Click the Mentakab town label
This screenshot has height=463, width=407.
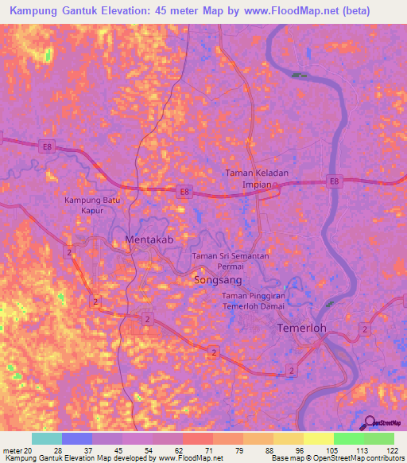click(148, 239)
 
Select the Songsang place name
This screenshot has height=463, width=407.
click(218, 281)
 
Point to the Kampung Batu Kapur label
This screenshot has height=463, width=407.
click(93, 206)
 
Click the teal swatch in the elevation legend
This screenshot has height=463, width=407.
click(47, 438)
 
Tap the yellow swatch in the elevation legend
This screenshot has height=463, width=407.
click(318, 438)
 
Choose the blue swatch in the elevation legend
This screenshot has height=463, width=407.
click(77, 438)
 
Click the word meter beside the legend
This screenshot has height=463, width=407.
click(12, 450)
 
